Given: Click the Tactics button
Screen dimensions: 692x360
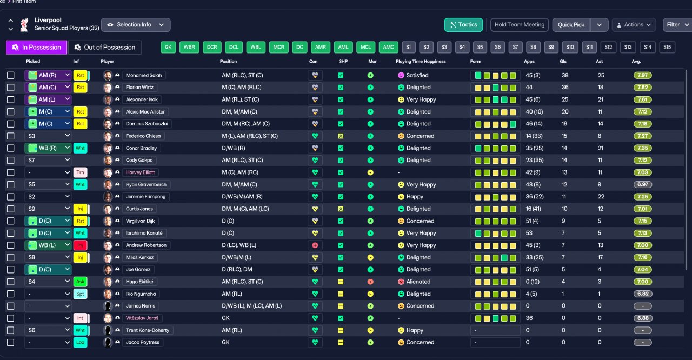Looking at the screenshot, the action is click(463, 25).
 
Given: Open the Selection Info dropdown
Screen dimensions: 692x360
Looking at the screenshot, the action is click(136, 25).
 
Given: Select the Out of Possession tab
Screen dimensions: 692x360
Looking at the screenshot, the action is click(105, 47).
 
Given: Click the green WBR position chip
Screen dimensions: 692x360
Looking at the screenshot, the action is click(189, 47).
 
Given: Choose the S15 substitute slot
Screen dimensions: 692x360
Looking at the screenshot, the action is click(667, 47).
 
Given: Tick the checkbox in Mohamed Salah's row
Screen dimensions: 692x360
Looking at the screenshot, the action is click(10, 75).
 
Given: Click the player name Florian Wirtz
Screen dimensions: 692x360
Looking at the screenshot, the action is click(139, 88).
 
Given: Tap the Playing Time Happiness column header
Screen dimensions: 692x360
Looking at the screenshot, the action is click(421, 62).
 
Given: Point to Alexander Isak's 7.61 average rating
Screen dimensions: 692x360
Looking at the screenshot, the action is click(643, 99).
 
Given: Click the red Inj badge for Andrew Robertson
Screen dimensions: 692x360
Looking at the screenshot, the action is click(80, 245).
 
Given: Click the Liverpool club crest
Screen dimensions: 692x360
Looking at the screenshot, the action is click(24, 25).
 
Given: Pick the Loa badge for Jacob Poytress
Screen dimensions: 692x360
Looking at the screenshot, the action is click(80, 342).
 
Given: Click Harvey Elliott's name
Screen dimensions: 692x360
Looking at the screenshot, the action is click(140, 172).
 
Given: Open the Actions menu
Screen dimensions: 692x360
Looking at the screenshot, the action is click(634, 25).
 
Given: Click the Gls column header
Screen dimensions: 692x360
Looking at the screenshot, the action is click(563, 62).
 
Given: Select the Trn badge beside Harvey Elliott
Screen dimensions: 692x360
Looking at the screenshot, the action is click(80, 172).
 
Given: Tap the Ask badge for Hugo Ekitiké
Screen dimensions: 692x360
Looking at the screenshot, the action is click(80, 282).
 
